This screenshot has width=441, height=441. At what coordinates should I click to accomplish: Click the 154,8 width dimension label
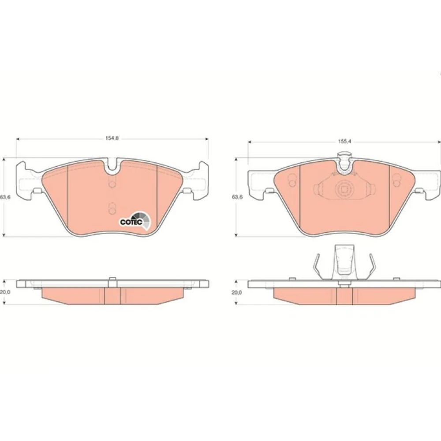[x=112, y=138]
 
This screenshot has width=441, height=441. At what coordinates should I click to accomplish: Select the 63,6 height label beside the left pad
[x=5, y=197]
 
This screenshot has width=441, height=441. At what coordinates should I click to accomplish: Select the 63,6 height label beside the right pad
[x=237, y=197]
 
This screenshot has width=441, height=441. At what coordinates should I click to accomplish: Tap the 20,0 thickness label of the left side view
[x=5, y=292]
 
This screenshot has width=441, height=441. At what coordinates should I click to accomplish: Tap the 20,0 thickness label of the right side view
[x=236, y=292]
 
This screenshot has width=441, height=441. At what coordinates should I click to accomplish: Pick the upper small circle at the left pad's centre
[x=112, y=183]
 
